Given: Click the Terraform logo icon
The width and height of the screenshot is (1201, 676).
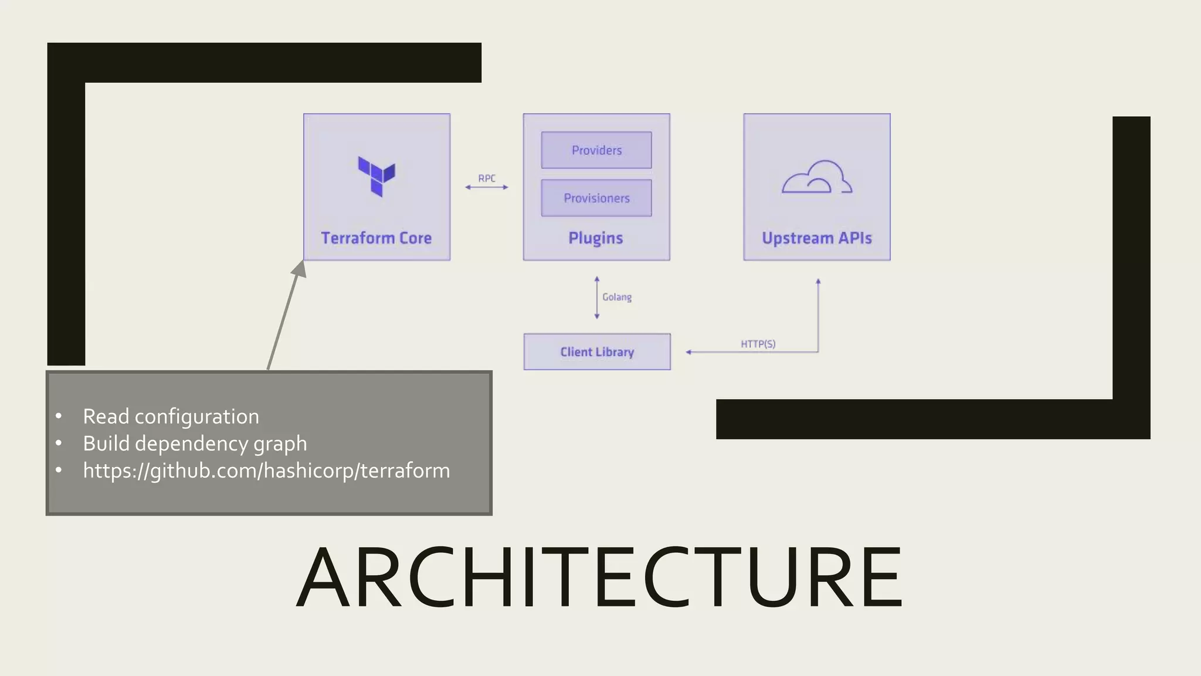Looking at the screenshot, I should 376,176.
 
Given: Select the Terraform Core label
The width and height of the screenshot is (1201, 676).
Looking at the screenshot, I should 376,238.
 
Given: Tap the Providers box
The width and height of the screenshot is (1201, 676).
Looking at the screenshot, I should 596,150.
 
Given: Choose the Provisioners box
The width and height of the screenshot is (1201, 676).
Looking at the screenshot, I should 596,198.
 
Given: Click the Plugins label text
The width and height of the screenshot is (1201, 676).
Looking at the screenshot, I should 595,238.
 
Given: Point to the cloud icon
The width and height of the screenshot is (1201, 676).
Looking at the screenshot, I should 817,177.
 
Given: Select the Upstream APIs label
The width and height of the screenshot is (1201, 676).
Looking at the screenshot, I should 816,238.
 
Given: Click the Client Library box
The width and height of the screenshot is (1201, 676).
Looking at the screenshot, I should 597,352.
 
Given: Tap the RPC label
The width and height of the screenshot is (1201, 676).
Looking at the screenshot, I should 487,178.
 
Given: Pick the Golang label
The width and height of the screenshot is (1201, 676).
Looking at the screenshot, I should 617,297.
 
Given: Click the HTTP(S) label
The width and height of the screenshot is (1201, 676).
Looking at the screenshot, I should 758,344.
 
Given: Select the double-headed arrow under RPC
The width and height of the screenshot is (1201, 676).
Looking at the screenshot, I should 487,187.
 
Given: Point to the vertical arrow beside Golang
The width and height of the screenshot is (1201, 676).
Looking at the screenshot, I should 597,298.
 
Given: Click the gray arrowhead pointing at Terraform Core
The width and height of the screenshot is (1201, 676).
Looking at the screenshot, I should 300,269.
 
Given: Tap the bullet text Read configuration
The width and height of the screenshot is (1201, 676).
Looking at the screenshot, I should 171,417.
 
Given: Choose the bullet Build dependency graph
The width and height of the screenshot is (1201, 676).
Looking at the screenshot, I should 195,444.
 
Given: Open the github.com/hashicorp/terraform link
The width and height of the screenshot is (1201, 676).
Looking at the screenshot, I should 266,471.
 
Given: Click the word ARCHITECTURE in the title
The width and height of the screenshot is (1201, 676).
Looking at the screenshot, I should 599,578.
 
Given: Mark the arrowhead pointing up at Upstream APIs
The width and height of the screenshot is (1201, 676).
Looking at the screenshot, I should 818,282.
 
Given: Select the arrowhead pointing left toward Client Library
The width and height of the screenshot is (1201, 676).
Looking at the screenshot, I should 689,352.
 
